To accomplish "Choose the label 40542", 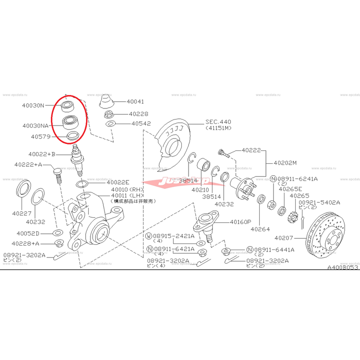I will (x=141, y=123).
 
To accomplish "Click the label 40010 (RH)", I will (x=126, y=189).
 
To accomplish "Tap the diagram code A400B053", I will (x=343, y=267).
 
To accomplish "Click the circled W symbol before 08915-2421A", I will (x=149, y=236).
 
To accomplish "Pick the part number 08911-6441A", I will (x=274, y=250).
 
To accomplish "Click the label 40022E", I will (x=118, y=182).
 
